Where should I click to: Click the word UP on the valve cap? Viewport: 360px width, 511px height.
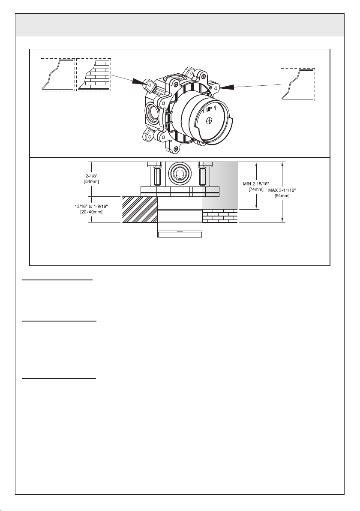tap(209, 111)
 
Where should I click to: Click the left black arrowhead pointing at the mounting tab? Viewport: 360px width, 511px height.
tap(139, 81)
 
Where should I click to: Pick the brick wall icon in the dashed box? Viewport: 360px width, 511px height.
tap(93, 75)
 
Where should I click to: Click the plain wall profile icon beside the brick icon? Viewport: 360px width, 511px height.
tap(58, 75)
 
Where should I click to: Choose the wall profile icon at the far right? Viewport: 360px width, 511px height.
tap(298, 84)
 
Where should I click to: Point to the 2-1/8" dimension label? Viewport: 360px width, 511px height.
tap(92, 176)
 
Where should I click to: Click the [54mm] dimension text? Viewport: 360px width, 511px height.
tap(92, 181)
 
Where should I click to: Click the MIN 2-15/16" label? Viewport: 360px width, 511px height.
tap(256, 184)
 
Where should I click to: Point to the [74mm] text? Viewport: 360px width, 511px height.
tap(256, 189)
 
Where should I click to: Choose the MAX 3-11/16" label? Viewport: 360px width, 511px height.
tap(282, 190)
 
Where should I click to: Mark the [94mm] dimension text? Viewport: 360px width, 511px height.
tap(282, 196)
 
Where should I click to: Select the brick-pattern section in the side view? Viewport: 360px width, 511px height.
tap(220, 216)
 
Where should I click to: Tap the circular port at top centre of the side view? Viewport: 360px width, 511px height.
tap(180, 173)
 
